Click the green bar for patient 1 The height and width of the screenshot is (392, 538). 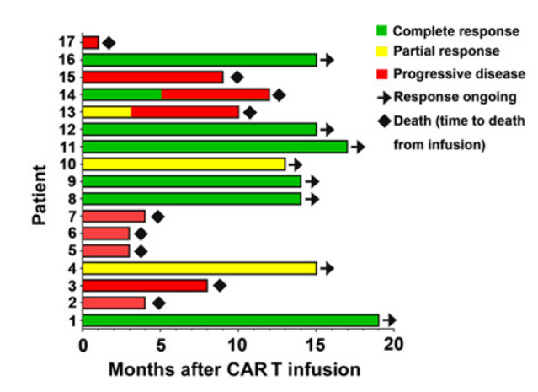coord(231,320)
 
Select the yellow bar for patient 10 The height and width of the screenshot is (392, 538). coord(184,164)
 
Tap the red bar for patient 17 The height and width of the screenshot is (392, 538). coord(91,43)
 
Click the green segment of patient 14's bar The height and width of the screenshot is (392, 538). coord(122,94)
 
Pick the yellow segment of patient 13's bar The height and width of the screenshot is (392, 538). coord(107,112)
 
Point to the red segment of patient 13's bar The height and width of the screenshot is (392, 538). coord(185,112)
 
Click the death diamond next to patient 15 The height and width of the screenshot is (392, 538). coord(237,78)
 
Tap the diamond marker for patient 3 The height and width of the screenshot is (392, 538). coord(220,285)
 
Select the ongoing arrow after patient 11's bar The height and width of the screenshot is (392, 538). coord(358,147)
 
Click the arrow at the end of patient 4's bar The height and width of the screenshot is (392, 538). coord(327,268)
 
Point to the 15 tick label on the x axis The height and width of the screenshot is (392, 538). coord(316,344)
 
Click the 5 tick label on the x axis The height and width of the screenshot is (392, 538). coord(161,344)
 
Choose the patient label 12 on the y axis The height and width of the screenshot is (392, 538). coord(67,130)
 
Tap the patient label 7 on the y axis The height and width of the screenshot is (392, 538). coord(72,216)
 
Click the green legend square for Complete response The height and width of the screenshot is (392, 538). coord(382,30)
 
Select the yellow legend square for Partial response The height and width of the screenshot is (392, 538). coord(382,51)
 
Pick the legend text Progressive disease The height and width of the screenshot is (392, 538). coord(459,74)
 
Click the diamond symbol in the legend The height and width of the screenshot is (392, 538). coord(384,121)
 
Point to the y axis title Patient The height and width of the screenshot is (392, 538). coord(40,195)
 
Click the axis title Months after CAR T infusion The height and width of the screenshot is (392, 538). coord(234,370)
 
